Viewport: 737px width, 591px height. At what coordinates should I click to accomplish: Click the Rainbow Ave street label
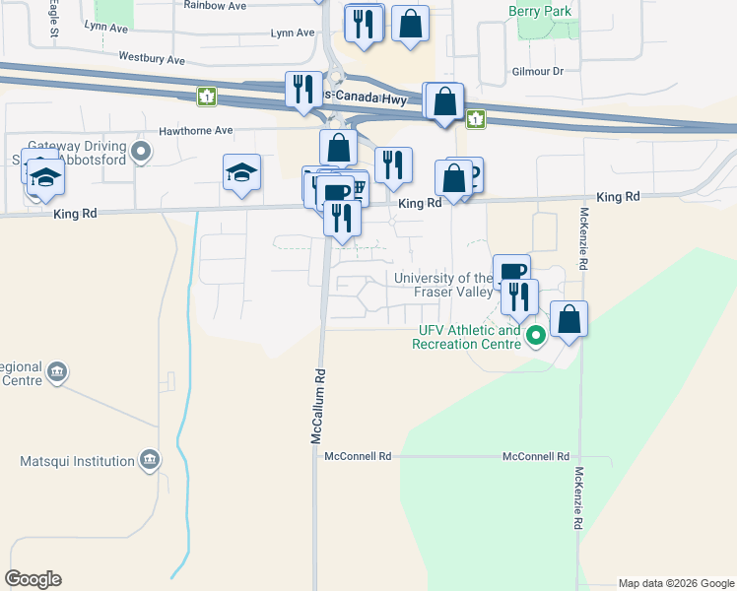tap(215, 6)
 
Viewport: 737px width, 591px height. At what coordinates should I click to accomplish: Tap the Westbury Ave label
tap(152, 59)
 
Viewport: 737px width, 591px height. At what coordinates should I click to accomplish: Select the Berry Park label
tap(540, 11)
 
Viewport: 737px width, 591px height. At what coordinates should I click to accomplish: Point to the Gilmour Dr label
tap(537, 71)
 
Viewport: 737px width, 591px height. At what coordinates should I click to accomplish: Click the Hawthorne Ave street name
tap(196, 130)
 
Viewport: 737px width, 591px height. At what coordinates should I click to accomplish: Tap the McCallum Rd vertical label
tap(318, 405)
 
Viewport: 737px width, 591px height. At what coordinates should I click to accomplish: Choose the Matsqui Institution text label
tap(77, 461)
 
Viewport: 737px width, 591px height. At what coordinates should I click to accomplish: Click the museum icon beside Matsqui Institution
tap(149, 460)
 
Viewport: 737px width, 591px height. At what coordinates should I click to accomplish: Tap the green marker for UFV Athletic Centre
tap(536, 336)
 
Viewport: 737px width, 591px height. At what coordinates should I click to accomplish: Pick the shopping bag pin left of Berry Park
tap(410, 23)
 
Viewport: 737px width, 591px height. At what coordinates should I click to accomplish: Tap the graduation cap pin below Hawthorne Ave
tap(241, 173)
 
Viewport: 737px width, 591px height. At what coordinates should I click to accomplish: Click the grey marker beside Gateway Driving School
tap(141, 152)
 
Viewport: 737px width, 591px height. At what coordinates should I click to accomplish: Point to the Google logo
tap(33, 579)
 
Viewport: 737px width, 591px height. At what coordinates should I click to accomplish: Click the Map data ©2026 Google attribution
tap(676, 583)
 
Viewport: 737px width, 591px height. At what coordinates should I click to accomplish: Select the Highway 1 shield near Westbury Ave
tap(207, 97)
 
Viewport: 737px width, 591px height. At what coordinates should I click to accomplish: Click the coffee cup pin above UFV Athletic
tap(511, 272)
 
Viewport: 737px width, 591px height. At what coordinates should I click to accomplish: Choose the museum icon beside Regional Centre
tap(56, 371)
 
